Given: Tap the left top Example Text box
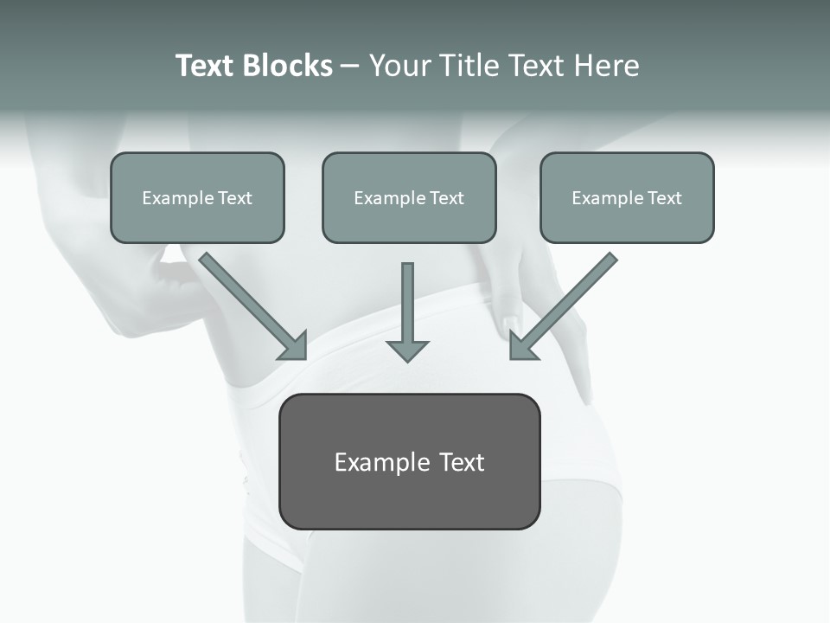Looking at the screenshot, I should coord(197,197).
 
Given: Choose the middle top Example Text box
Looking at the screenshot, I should coord(409,197).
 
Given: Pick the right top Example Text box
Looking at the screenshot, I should coord(627,197).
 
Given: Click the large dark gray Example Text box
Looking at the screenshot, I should coord(410,461).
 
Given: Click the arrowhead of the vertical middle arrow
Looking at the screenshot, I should coord(407,350).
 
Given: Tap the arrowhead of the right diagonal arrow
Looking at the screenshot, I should coord(520,348).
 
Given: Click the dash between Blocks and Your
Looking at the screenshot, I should coord(350,66).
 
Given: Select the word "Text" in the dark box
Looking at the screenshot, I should coord(462,462).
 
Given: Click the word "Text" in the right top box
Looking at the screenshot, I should coord(665,198).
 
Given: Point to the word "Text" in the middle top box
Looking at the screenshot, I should coord(447,198).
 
